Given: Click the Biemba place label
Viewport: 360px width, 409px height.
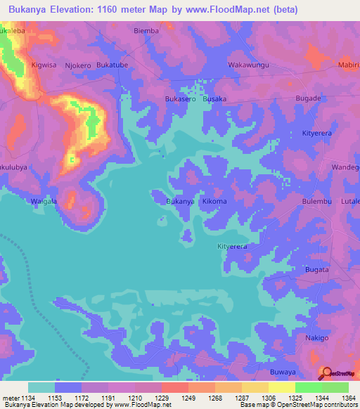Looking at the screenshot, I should [146, 31].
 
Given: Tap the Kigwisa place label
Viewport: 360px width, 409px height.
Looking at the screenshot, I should [44, 65].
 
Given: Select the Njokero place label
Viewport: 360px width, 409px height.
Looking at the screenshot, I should [77, 65].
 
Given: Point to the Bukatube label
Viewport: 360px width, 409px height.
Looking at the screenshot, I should [112, 65].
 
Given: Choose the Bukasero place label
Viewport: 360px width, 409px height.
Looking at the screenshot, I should [180, 99].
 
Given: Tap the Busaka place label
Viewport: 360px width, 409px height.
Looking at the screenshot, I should [214, 99].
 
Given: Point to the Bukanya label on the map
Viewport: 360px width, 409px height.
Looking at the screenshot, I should [179, 202].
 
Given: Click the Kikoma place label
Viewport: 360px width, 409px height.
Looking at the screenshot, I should [214, 202].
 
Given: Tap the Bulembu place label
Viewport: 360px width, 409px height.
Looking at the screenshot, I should [316, 202].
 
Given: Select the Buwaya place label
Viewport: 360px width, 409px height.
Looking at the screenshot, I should [283, 372].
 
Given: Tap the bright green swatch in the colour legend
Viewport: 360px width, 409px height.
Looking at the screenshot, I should [308, 387].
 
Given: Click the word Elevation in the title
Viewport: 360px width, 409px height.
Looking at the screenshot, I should [76, 10].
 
